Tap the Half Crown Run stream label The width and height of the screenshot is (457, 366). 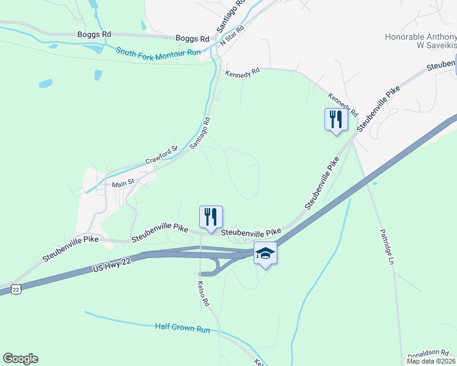coord(182,328)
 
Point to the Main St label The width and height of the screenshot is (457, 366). coord(122,184)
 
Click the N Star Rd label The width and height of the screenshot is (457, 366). coord(232,35)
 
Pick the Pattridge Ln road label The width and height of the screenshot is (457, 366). coord(384,246)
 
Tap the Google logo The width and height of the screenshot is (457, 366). coord(20,359)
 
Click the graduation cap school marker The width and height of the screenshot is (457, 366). coord(265,253)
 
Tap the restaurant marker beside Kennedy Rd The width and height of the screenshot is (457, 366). coord(335,119)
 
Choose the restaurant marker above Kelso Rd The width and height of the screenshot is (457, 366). coord(211,217)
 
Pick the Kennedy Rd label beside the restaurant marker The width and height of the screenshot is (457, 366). coord(343,105)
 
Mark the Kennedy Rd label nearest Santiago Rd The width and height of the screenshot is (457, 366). coord(243,74)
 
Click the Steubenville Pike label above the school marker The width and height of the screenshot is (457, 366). coord(251,232)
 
